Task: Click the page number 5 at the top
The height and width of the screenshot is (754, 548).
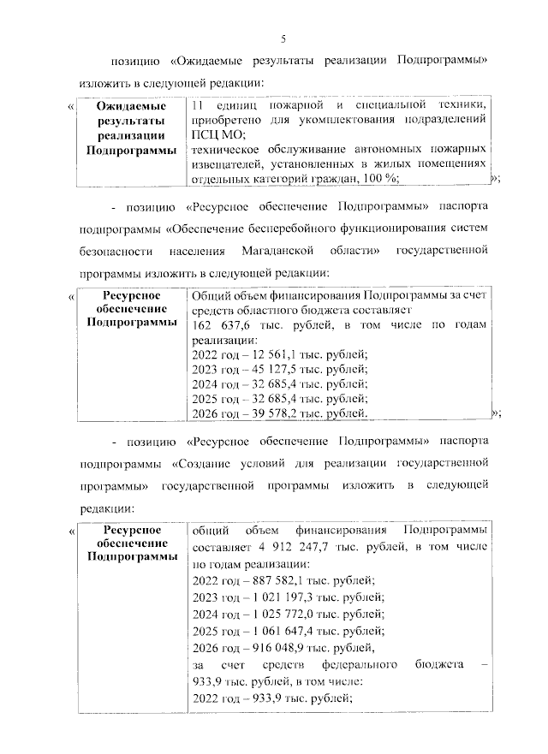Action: [283, 39]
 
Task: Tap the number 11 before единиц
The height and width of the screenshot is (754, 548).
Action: [198, 104]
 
